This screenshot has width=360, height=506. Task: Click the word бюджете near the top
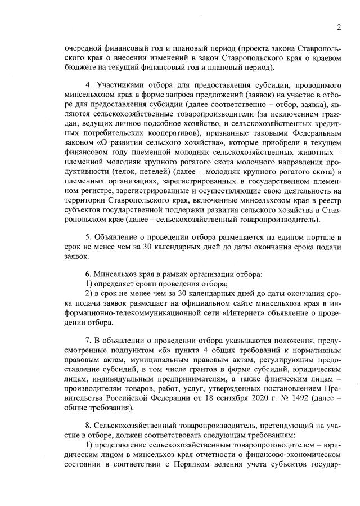80,67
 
